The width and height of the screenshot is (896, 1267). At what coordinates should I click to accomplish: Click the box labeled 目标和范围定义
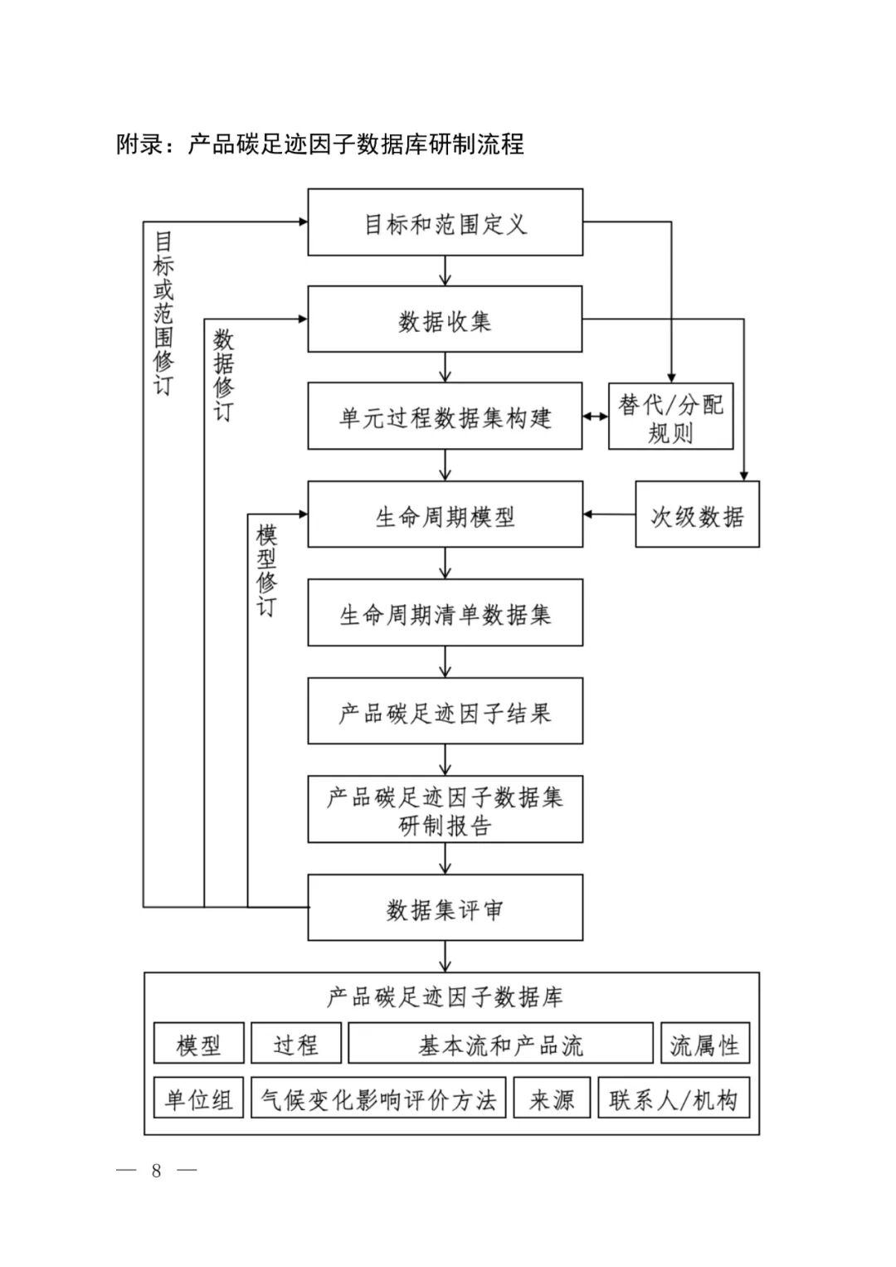(445, 222)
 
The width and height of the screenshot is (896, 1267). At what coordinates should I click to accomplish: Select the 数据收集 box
(445, 319)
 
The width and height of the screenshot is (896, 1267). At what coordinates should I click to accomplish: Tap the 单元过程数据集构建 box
(445, 417)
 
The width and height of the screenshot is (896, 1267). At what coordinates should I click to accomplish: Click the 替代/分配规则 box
(670, 417)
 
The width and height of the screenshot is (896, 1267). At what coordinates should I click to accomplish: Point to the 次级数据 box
(697, 515)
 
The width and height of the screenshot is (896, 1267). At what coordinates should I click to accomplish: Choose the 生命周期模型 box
(445, 515)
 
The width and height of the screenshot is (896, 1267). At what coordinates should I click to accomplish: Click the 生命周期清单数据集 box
(445, 613)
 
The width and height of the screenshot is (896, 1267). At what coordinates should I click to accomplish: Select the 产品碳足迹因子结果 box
(445, 711)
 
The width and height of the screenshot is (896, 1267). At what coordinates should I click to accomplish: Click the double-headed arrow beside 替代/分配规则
(595, 417)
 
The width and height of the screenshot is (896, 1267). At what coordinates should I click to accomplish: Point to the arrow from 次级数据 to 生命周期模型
(609, 514)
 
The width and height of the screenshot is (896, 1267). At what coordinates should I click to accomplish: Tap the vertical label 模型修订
(266, 571)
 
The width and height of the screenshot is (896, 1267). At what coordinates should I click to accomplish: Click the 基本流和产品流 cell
(500, 1044)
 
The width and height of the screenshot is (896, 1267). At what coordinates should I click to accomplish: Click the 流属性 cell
(704, 1044)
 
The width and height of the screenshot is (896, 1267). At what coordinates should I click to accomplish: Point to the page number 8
(157, 1171)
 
